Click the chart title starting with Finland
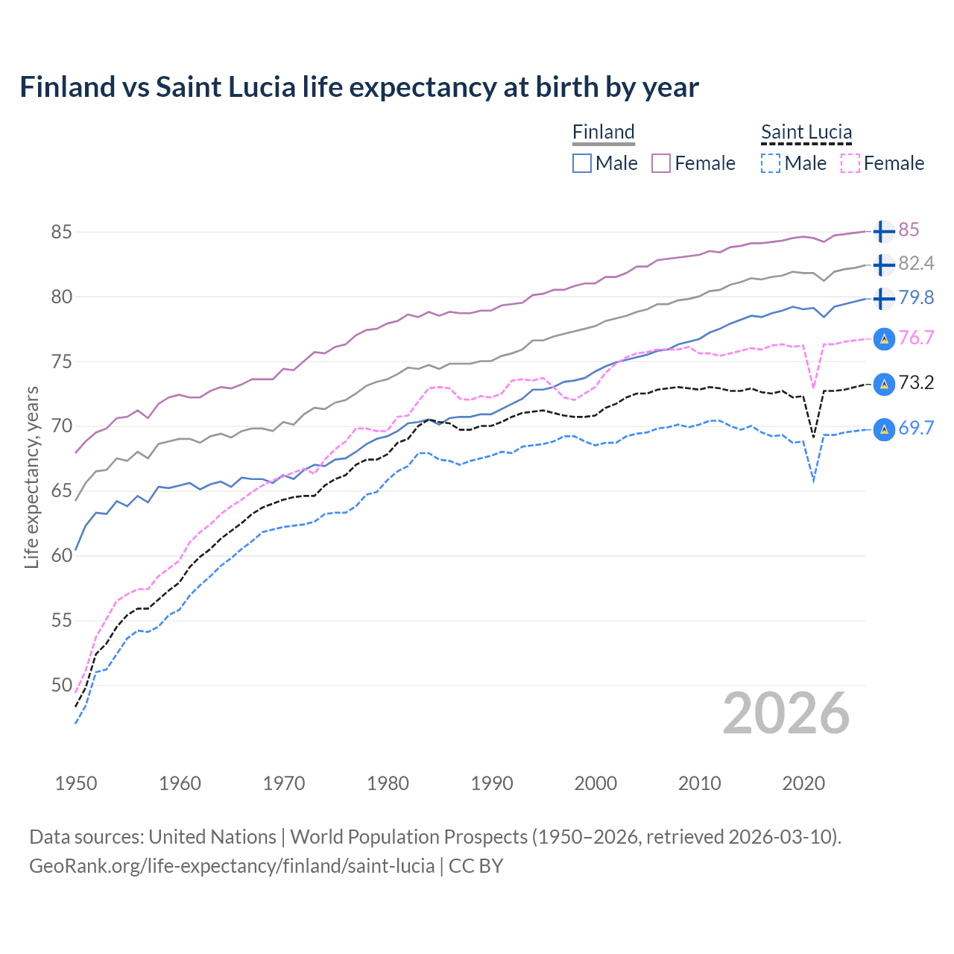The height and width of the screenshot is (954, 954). pos(358,87)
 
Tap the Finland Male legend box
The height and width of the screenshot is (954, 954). pos(582,163)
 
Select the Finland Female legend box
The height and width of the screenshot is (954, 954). pos(661,163)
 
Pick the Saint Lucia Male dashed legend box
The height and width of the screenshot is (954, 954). pos(771,163)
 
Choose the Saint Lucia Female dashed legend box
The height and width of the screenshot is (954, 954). pos(850,163)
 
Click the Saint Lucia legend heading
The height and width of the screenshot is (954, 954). pos(806,132)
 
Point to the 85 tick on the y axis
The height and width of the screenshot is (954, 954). pos(62,232)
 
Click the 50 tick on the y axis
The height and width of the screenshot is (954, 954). pos(62,685)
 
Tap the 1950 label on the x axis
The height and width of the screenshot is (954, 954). pos(76,783)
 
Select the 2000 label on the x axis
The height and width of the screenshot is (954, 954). pos(596,783)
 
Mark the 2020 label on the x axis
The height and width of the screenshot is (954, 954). pos(803,783)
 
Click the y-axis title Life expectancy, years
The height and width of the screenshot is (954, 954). pos(32,477)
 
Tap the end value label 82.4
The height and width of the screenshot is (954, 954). pos(916,264)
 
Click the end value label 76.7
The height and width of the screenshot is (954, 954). pos(916,338)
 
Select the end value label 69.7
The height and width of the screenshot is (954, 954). pos(916,428)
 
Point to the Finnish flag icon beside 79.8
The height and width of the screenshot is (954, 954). pos(883,298)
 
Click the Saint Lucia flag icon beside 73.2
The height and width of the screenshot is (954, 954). pos(883,384)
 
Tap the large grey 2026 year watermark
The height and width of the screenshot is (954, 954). pos(786,713)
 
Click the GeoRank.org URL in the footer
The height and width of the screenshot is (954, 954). pos(232,866)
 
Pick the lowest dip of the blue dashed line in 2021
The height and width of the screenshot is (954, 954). pos(813,481)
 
